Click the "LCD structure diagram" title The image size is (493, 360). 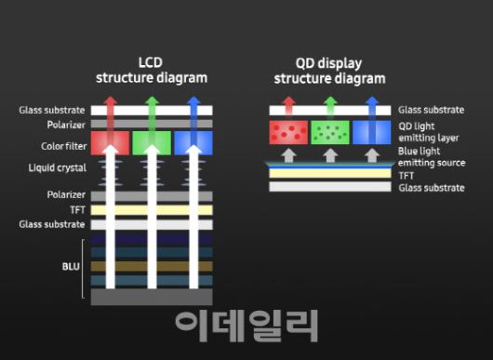152,71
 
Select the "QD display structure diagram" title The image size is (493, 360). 326,71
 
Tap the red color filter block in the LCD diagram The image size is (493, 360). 111,142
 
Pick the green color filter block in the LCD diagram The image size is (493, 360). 152,142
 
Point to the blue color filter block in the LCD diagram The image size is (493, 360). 193,142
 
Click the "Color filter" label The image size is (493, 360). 63,146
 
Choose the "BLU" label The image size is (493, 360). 71,265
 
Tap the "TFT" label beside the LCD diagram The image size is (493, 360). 76,210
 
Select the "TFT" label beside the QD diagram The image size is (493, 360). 408,173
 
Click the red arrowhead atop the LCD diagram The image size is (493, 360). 111,103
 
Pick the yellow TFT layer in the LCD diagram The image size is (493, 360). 152,210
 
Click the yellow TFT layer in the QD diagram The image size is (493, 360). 328,173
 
